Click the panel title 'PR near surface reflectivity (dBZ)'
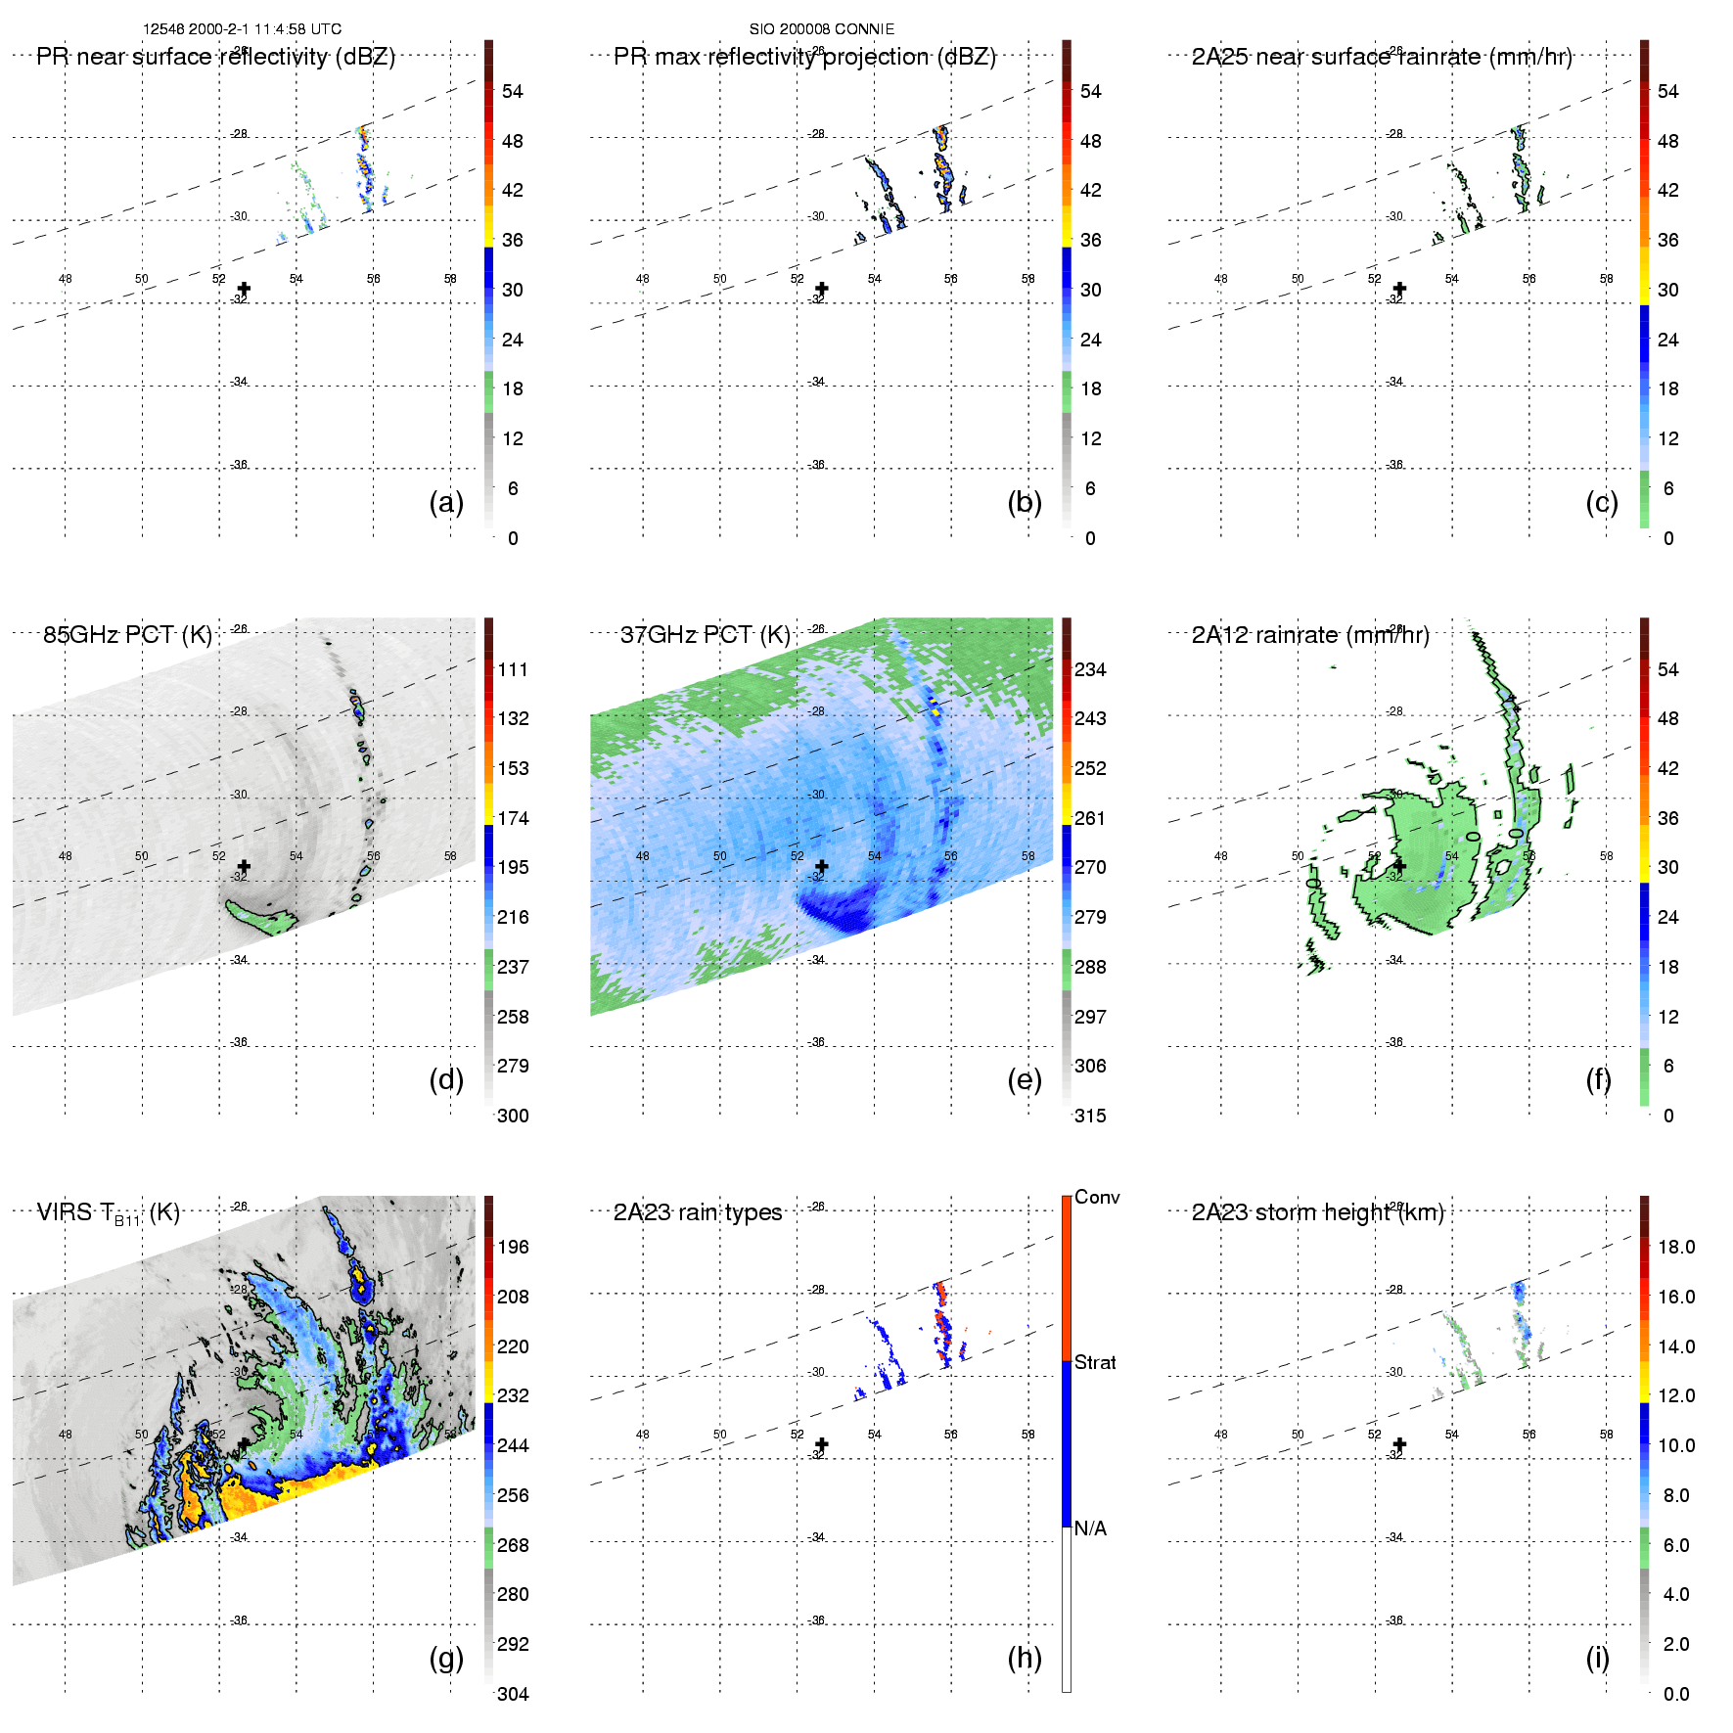(x=215, y=57)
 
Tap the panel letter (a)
(x=446, y=502)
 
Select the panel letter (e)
(x=1025, y=1079)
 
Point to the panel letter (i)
(x=1597, y=1658)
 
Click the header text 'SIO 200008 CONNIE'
(x=822, y=29)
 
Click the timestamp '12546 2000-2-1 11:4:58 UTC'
(x=242, y=29)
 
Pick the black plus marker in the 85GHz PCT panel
(x=244, y=866)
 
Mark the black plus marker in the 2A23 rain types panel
(x=822, y=1444)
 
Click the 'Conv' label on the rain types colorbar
(x=1096, y=1197)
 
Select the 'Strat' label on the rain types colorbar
(x=1095, y=1362)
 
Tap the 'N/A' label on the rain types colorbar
(x=1090, y=1528)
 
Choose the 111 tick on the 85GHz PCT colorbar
(x=513, y=669)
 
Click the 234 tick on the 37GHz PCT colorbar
(x=1090, y=669)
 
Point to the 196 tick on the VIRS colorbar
(x=513, y=1247)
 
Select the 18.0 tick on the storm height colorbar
(x=1676, y=1247)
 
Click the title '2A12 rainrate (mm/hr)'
(x=1310, y=635)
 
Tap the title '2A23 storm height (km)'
(x=1317, y=1212)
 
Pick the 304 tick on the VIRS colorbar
(x=513, y=1694)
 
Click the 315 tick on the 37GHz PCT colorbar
(x=1090, y=1116)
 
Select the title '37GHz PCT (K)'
(x=705, y=635)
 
